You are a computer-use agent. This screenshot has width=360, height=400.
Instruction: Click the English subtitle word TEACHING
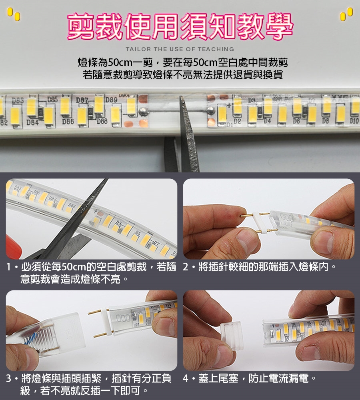(216, 49)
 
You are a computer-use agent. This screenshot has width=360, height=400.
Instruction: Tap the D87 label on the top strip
(82, 100)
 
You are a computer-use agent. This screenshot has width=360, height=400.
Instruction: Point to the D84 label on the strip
(32, 123)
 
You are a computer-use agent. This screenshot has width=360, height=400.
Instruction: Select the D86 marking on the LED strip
(68, 122)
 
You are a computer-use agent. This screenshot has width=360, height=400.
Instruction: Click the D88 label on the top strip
(102, 121)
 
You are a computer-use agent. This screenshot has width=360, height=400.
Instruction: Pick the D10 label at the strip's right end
(354, 121)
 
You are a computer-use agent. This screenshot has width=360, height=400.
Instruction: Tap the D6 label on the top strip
(296, 121)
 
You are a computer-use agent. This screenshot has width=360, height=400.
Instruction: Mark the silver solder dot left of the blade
(142, 111)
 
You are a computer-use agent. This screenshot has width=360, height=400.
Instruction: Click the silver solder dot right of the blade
(210, 111)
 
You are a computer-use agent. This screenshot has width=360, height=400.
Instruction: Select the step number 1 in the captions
(9, 267)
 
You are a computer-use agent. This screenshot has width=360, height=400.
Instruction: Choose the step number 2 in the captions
(186, 267)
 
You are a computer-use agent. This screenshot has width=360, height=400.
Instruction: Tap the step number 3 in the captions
(9, 378)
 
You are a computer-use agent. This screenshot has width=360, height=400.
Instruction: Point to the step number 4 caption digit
(186, 378)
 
